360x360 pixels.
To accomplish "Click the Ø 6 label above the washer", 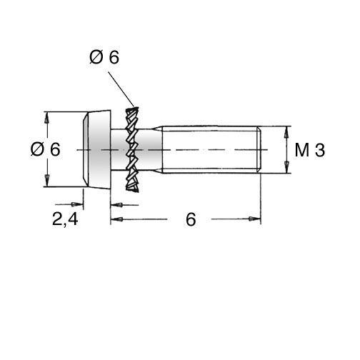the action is tap(104, 57).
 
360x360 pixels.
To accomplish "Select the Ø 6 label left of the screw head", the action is tap(45, 149).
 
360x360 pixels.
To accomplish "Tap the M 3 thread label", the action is tap(310, 150).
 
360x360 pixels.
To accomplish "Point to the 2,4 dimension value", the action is tap(65, 219).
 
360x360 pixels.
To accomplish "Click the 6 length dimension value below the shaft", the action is tap(191, 219).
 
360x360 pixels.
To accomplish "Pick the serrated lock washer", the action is tap(131, 149).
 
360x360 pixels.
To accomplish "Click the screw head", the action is tap(96, 149).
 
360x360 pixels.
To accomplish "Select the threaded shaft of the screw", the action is tap(211, 149).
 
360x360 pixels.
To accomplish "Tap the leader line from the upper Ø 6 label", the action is tap(121, 89).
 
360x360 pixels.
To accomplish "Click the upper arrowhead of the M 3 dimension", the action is tap(287, 131).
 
